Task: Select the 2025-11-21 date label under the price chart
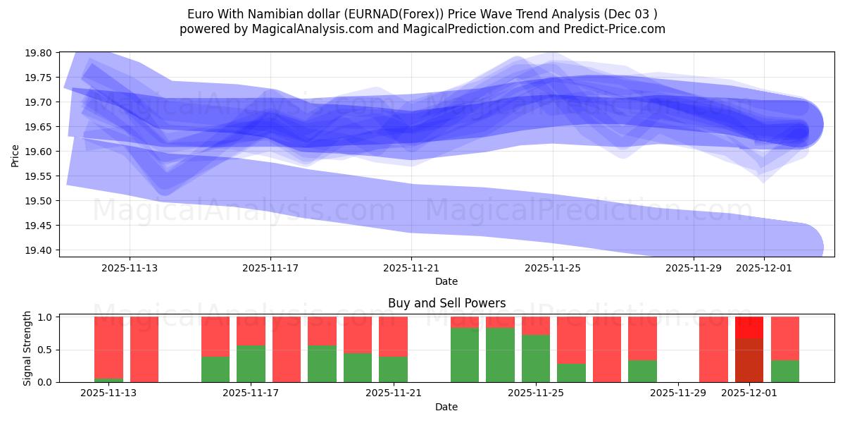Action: click(x=411, y=268)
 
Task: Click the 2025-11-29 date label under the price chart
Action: click(x=694, y=268)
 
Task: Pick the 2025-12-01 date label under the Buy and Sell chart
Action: click(x=749, y=393)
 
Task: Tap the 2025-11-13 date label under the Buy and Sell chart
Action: click(x=108, y=393)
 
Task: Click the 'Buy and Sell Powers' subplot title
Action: click(x=446, y=304)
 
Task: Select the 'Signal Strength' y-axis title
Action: click(x=27, y=348)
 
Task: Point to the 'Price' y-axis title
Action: click(x=15, y=155)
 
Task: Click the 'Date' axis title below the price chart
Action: click(x=446, y=281)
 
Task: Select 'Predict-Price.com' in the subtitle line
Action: click(x=609, y=29)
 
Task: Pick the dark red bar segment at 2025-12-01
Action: click(x=749, y=360)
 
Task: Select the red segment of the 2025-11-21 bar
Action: click(x=393, y=336)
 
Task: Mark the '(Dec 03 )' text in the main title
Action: click(x=632, y=14)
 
